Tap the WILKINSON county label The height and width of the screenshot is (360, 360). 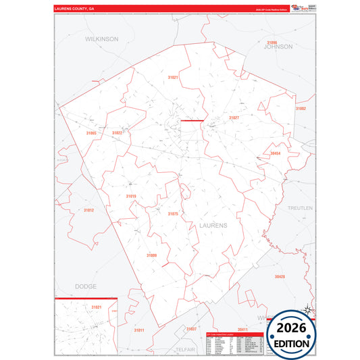[x=101, y=39]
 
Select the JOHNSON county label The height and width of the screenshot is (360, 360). [x=278, y=47]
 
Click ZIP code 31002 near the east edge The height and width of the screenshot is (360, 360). [x=301, y=109]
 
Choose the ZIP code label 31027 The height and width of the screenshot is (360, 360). [x=234, y=118]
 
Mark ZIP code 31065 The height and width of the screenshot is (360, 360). [x=92, y=133]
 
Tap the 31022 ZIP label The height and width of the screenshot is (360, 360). [x=117, y=133]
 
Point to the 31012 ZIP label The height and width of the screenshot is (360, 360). [x=88, y=210]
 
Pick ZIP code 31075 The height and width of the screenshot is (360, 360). [x=172, y=213]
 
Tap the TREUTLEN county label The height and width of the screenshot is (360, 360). [x=300, y=208]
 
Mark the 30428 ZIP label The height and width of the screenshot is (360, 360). [x=280, y=276]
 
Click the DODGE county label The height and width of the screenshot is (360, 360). [x=86, y=286]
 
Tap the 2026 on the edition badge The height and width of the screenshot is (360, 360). [x=291, y=328]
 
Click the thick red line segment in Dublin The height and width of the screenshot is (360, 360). [x=192, y=121]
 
